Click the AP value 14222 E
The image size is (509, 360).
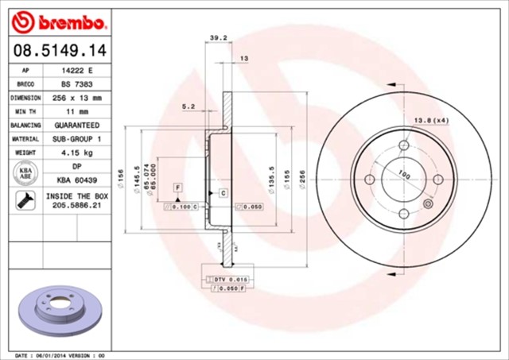coord(76,70)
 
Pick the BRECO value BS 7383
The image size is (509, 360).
coord(76,83)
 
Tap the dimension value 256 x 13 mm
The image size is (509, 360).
coord(76,98)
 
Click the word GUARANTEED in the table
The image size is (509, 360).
coord(76,126)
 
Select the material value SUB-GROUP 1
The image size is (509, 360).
coord(76,139)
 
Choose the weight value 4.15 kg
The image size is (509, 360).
coord(76,153)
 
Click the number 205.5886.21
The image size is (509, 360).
coord(76,205)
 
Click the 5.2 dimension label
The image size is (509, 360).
coord(188,106)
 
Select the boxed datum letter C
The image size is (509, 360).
coord(223,193)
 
